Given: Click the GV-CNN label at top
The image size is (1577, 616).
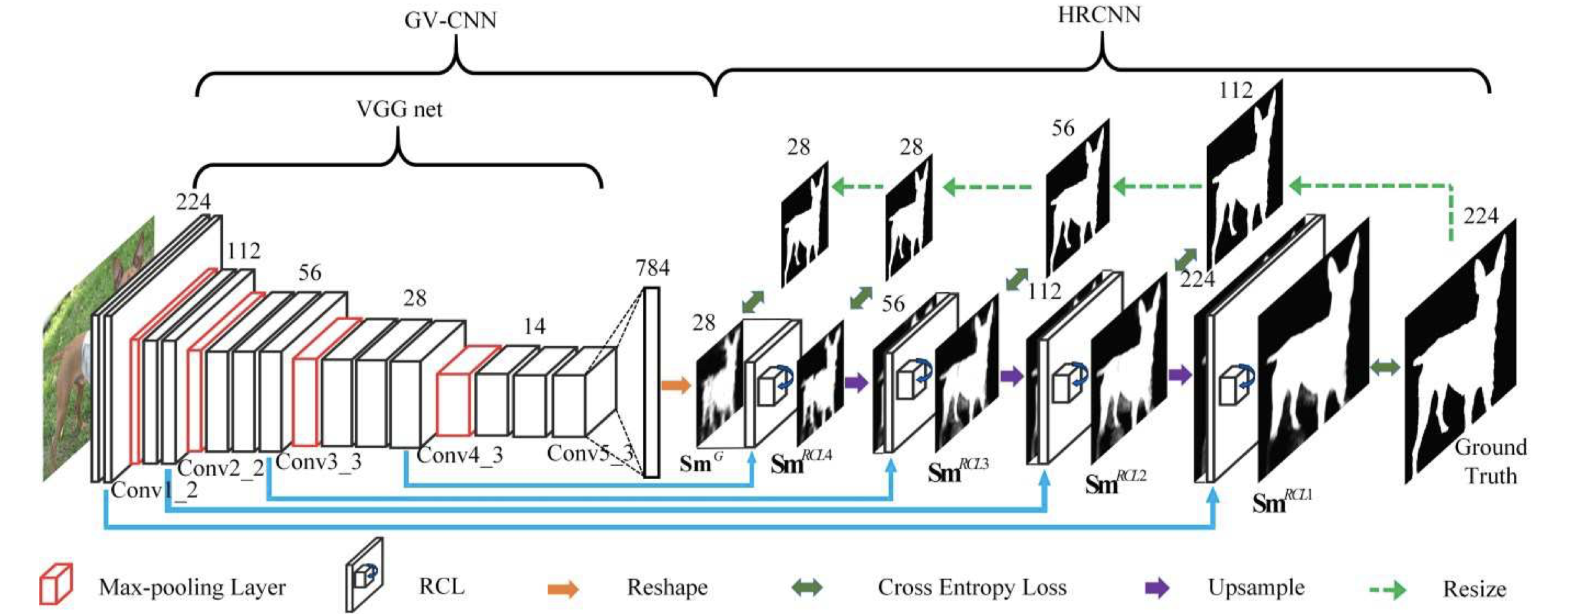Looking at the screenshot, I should point(450,20).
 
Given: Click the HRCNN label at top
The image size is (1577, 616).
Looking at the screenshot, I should point(1099,14).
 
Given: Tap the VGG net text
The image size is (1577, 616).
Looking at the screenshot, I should point(400,109).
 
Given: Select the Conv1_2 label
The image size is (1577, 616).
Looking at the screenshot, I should point(154,490).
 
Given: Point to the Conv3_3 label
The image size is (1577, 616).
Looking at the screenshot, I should point(319,462).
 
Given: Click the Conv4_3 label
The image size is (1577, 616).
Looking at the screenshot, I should point(460,455).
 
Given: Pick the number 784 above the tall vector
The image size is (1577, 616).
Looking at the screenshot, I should point(652,268).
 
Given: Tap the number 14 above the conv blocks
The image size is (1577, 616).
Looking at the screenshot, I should point(534,326).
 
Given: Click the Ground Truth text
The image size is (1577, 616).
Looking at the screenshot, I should point(1491,461).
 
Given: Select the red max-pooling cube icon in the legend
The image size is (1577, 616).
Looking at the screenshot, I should point(55,584).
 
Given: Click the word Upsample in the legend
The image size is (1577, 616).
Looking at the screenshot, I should point(1256,587).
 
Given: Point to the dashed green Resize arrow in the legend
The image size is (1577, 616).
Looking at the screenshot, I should point(1387,589).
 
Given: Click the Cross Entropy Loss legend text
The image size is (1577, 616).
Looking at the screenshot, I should point(971,587).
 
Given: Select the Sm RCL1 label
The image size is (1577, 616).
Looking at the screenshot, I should point(1281,501).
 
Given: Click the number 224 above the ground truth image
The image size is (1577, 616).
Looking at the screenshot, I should point(1480,216).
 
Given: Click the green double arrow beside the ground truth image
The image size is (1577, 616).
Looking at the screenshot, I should point(1385,368).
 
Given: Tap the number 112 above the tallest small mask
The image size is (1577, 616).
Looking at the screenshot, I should point(1235,90).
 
